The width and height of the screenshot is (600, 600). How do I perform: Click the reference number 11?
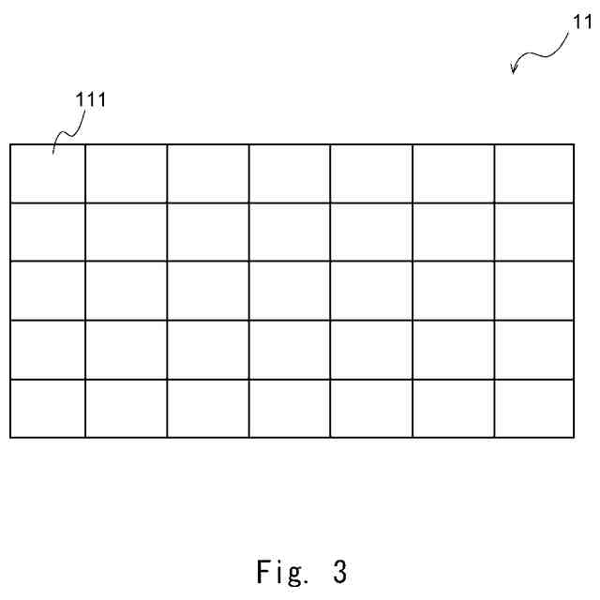pyautogui.click(x=581, y=26)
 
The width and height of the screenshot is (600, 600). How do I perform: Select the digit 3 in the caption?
pyautogui.click(x=338, y=571)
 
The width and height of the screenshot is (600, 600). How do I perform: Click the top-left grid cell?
pyautogui.click(x=48, y=173)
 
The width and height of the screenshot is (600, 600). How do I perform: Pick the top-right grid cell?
pyautogui.click(x=533, y=173)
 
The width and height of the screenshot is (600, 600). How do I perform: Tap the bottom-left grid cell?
pyautogui.click(x=48, y=408)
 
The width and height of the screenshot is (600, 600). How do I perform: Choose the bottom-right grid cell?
pyautogui.click(x=533, y=408)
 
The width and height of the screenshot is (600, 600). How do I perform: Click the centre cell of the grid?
pyautogui.click(x=290, y=291)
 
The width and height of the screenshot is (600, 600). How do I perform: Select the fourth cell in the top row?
pyautogui.click(x=290, y=173)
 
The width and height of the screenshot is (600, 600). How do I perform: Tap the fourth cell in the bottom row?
pyautogui.click(x=290, y=408)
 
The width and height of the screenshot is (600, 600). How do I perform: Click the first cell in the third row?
pyautogui.click(x=48, y=291)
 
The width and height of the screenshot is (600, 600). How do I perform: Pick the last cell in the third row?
pyautogui.click(x=533, y=291)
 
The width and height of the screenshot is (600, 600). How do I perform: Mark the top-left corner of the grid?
pyautogui.click(x=10, y=144)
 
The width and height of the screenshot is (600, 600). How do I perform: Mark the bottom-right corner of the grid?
pyautogui.click(x=573, y=437)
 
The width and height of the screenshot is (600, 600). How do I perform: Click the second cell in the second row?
pyautogui.click(x=127, y=232)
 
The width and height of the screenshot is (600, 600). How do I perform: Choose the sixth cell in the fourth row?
pyautogui.click(x=453, y=350)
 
